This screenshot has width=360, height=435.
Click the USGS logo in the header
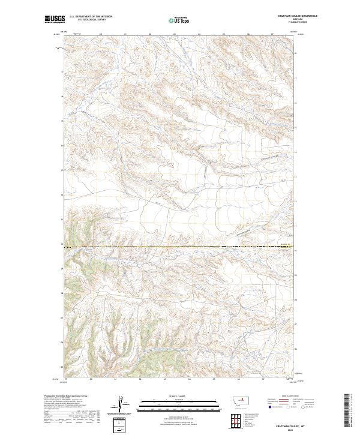click(x=55, y=19)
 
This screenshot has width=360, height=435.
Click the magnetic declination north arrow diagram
click(x=119, y=404)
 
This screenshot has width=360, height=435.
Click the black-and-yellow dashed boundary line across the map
click(x=180, y=247)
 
